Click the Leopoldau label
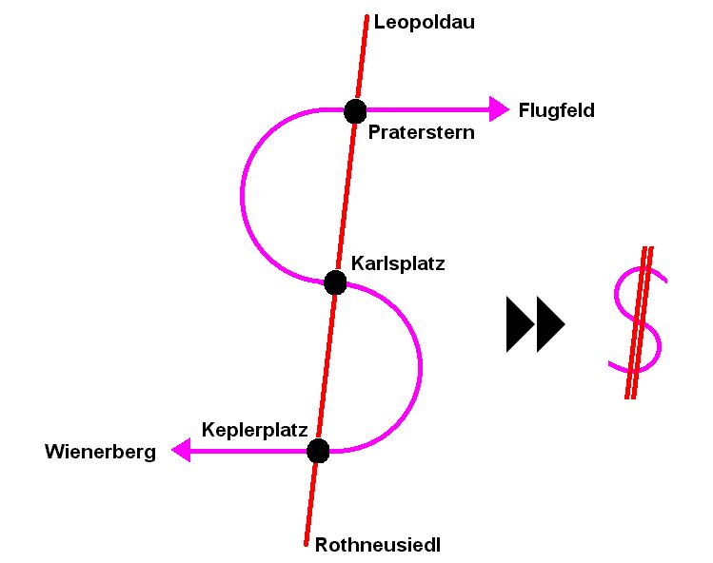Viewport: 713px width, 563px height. pos(424,22)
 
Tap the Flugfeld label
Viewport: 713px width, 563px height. pos(556,110)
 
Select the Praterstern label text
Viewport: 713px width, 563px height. pos(421,133)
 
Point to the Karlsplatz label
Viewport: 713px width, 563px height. pos(398,262)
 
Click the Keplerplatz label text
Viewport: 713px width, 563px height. pos(254,429)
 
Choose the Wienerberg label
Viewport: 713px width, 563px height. pos(100,452)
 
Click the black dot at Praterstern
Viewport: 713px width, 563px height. pos(355,110)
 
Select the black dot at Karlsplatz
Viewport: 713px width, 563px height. pos(335,281)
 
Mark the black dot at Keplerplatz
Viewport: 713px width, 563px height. pos(318,451)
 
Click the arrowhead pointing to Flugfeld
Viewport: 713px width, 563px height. pos(499,109)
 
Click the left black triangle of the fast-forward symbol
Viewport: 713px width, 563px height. pos(520,324)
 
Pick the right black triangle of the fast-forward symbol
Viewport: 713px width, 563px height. pos(550,324)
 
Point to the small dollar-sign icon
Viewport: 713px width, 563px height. pos(637,322)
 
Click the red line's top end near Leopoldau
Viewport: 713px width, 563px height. pos(366,17)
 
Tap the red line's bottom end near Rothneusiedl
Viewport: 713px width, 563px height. pos(307,543)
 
